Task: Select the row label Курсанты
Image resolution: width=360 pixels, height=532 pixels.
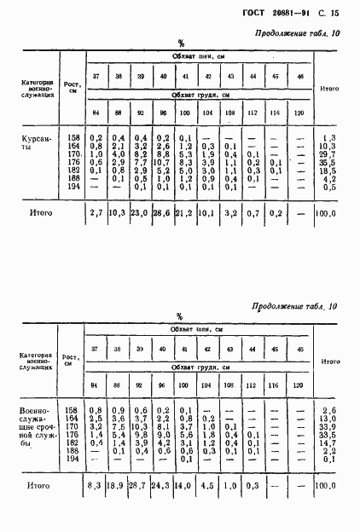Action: click(37, 142)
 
